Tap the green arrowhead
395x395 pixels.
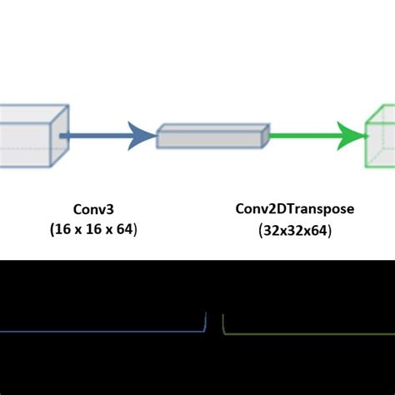[x=353, y=133]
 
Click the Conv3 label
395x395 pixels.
[x=93, y=210]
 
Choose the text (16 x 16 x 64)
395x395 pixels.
[x=93, y=228]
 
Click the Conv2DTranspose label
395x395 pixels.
[x=294, y=210]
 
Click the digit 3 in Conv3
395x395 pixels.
[x=109, y=210]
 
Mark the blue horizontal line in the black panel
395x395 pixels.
[x=100, y=332]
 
